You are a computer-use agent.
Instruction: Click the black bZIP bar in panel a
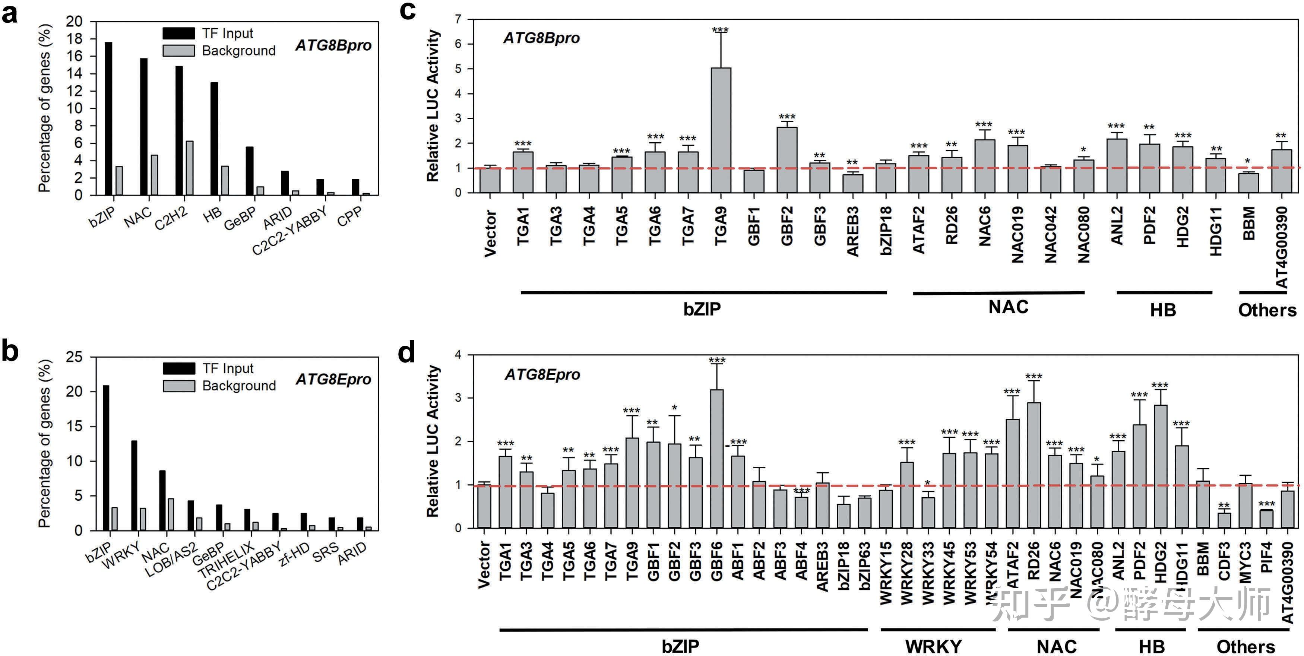(108, 118)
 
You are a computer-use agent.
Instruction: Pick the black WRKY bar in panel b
(134, 486)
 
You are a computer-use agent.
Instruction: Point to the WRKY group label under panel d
(933, 646)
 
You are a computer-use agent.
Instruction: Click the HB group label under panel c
(1163, 310)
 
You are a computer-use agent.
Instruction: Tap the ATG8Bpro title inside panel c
(541, 38)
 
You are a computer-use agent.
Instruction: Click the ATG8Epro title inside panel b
(333, 379)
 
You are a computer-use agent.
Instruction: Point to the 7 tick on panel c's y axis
(458, 19)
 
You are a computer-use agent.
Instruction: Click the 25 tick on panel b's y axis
(74, 357)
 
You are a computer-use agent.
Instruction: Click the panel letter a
(10, 14)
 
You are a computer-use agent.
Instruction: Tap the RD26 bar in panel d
(1034, 465)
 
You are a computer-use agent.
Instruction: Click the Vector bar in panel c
(490, 180)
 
